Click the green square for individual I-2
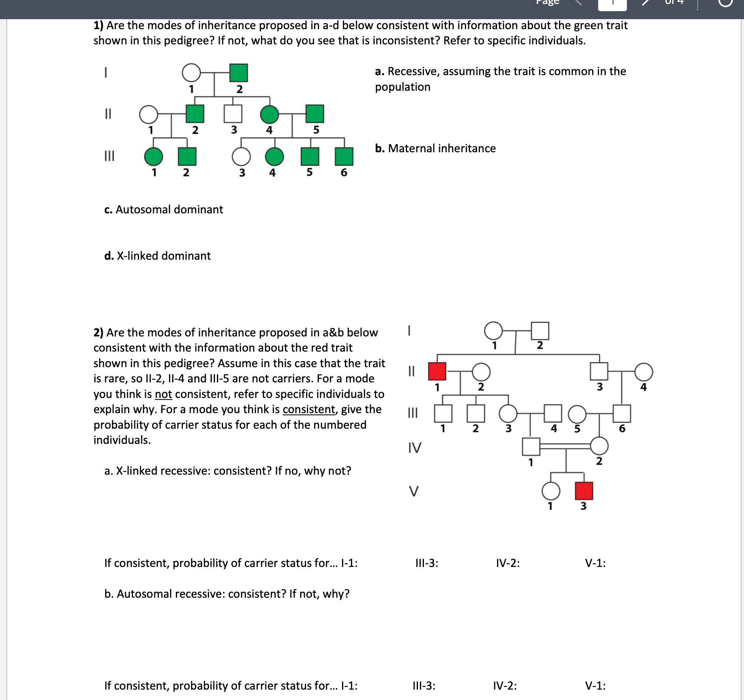239,73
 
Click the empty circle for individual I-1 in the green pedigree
191,73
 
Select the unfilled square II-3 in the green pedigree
233,114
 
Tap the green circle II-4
270,114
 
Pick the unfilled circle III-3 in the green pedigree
241,157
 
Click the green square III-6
344,156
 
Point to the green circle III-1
153,157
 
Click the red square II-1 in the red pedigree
437,371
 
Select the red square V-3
584,491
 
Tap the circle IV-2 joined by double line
599,446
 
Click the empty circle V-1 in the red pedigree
551,491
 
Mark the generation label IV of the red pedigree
415,448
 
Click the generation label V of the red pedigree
414,491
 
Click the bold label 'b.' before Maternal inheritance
380,149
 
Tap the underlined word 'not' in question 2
163,394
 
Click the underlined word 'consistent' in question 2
309,410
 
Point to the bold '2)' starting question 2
98,333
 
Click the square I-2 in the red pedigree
540,331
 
